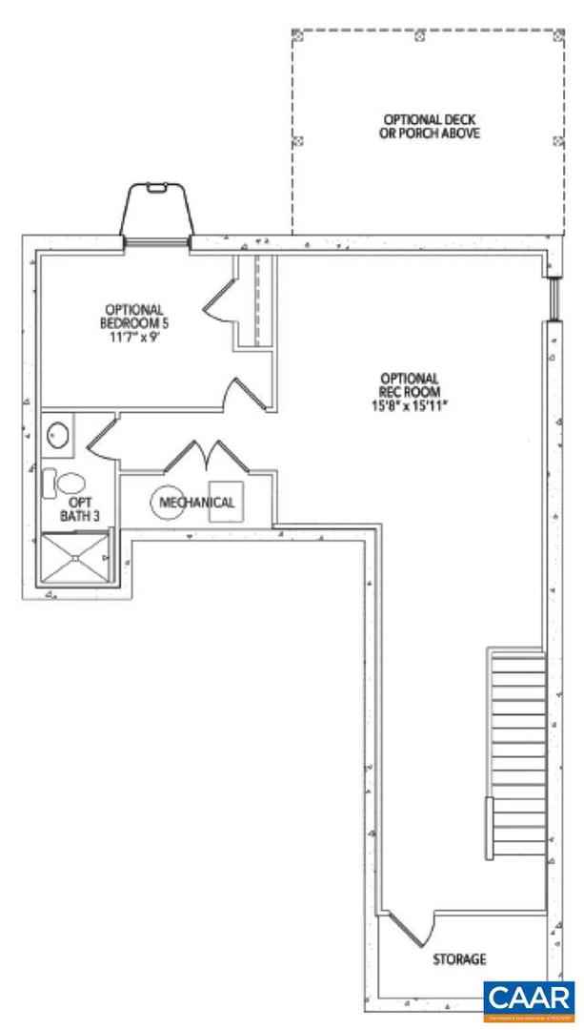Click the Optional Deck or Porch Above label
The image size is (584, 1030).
tap(425, 127)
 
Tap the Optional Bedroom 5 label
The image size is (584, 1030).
tap(134, 315)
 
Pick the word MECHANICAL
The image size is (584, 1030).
tap(197, 503)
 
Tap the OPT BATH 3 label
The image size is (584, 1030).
tap(78, 508)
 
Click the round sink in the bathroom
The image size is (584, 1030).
tap(59, 435)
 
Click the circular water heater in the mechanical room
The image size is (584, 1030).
tap(169, 503)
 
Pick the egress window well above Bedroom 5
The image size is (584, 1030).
tap(158, 210)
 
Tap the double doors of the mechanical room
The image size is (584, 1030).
tap(206, 456)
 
